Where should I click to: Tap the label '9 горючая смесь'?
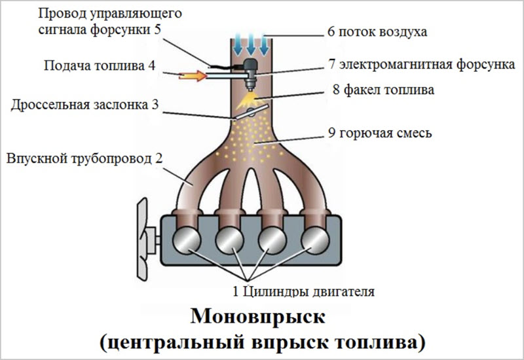381,134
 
